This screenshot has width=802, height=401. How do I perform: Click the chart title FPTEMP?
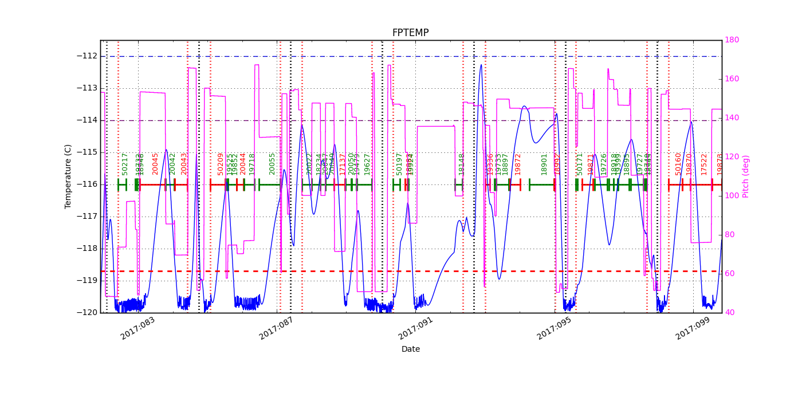(410, 33)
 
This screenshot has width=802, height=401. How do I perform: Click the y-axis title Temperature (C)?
(68, 176)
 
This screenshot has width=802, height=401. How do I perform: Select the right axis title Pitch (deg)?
(746, 176)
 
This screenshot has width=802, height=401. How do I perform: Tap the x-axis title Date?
(410, 349)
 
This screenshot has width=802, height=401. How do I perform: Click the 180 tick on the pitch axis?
(732, 40)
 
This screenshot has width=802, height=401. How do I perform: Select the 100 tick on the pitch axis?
(732, 196)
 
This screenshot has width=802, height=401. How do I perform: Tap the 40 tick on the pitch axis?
(729, 313)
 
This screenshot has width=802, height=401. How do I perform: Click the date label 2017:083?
(137, 329)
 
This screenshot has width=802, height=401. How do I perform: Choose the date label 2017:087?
(276, 329)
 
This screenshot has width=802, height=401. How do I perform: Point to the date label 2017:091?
(415, 329)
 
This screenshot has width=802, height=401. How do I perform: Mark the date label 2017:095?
(554, 329)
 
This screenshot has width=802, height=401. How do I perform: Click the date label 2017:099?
(693, 329)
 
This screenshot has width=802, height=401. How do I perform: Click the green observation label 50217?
(125, 163)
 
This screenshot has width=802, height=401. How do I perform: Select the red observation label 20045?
(156, 163)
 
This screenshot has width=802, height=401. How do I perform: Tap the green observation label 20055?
(273, 163)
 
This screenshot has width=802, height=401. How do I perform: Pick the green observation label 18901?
(544, 164)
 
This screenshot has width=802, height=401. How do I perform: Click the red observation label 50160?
(679, 163)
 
